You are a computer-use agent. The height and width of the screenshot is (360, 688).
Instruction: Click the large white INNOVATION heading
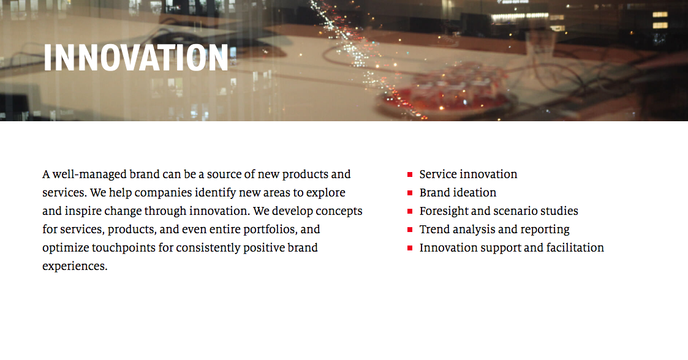[135, 58]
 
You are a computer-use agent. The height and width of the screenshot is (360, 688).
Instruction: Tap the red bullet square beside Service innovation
[410, 174]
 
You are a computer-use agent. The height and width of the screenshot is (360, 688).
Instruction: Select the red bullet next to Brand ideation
[410, 193]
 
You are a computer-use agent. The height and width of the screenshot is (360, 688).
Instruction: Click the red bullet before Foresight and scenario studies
[410, 211]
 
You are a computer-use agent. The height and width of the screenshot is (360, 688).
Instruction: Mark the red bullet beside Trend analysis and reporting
[410, 230]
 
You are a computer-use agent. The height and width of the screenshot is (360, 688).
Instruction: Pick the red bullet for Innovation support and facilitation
[410, 248]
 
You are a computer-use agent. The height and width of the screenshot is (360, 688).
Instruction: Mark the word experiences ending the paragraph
[75, 266]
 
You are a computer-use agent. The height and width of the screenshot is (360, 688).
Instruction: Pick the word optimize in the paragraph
[66, 248]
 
